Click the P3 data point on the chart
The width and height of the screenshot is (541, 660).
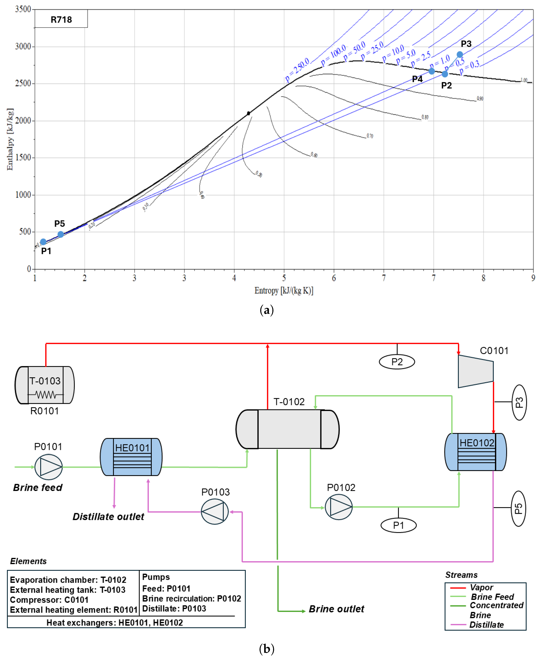(x=460, y=55)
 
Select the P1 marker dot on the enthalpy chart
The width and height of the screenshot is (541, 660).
(x=43, y=242)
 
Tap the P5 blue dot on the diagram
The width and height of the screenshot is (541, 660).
(x=61, y=234)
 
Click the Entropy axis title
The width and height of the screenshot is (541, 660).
(x=284, y=290)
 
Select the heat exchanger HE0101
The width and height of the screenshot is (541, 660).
(x=131, y=457)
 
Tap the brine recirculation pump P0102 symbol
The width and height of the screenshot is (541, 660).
(x=339, y=507)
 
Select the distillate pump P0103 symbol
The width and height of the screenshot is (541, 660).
(x=215, y=512)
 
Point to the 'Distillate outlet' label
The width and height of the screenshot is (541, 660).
(x=108, y=517)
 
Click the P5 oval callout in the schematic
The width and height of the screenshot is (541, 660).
(x=518, y=509)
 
